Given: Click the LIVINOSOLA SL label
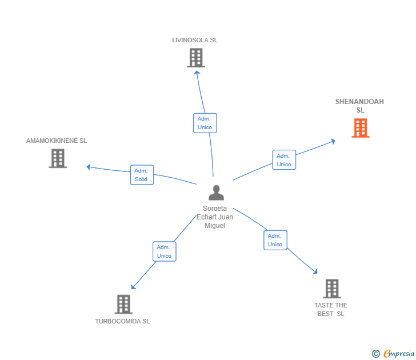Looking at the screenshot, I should click(195, 41).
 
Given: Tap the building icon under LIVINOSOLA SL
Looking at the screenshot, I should click(195, 58).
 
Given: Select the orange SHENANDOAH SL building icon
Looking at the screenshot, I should click(360, 128).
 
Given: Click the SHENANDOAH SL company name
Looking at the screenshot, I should click(359, 106).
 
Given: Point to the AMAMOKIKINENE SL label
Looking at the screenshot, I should click(57, 141).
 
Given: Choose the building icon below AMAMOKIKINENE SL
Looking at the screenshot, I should click(58, 158).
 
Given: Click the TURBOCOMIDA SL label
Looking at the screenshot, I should click(122, 321).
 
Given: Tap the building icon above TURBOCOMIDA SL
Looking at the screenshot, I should click(123, 304).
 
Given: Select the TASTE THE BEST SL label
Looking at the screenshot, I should click(331, 309).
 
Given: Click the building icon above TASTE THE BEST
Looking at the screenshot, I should click(331, 289).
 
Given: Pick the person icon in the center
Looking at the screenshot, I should click(216, 193).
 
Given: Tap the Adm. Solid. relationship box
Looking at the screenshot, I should click(142, 175).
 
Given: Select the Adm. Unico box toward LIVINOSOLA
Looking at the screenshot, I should click(205, 123).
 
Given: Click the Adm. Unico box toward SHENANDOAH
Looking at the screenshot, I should click(283, 160).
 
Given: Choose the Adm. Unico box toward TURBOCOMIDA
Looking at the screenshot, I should click(164, 251).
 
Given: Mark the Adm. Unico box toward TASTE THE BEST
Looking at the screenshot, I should click(275, 240).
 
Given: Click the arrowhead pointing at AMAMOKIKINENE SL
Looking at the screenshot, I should click(88, 167).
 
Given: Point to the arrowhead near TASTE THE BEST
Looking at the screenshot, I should click(315, 273).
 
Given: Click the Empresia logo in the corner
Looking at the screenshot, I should click(393, 354).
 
